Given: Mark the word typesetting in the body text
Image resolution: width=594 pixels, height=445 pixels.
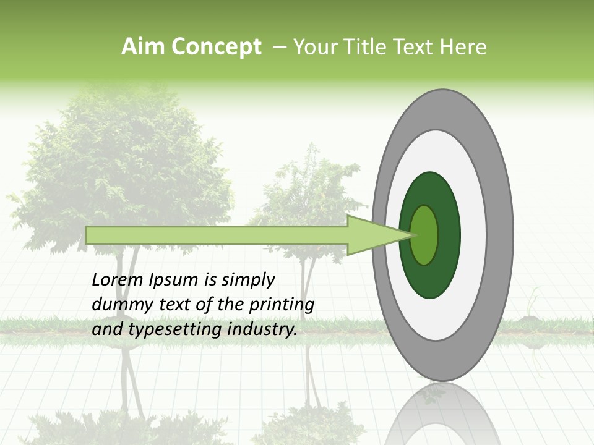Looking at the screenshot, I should tap(164, 329).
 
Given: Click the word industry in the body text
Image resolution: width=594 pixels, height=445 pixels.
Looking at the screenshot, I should tap(262, 329).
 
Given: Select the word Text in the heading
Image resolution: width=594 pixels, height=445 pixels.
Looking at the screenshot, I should tap(413, 47).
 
